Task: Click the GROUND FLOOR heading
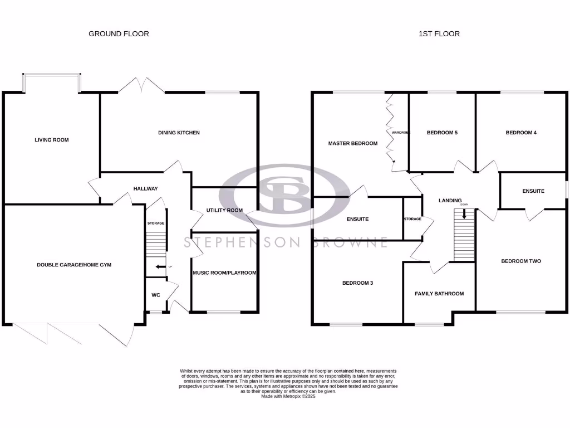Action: pyautogui.click(x=119, y=34)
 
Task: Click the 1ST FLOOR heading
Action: pyautogui.click(x=439, y=34)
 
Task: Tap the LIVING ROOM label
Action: pyautogui.click(x=52, y=140)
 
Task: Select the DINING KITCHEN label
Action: pyautogui.click(x=179, y=133)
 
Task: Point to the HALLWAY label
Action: pyautogui.click(x=145, y=188)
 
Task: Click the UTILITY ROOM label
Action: pyautogui.click(x=224, y=210)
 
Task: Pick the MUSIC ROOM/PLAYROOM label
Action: pyautogui.click(x=224, y=273)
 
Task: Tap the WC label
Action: pyautogui.click(x=156, y=295)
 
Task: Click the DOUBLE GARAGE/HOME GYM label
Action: pyautogui.click(x=74, y=265)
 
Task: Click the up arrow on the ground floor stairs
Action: pyautogui.click(x=160, y=267)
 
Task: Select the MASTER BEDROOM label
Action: pyautogui.click(x=352, y=143)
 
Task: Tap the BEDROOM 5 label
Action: pyautogui.click(x=442, y=133)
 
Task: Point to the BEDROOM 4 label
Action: pyautogui.click(x=521, y=133)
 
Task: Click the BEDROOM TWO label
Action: pyautogui.click(x=521, y=261)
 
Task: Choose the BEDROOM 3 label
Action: pyautogui.click(x=358, y=283)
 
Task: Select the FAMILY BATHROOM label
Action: pyautogui.click(x=439, y=294)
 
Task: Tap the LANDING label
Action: pyautogui.click(x=450, y=201)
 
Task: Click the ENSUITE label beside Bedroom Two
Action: pyautogui.click(x=533, y=191)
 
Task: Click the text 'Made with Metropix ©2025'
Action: pyautogui.click(x=288, y=396)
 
